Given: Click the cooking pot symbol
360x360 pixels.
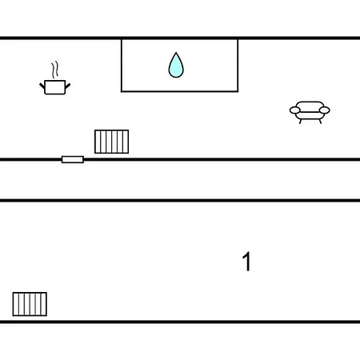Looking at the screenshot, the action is (55, 87).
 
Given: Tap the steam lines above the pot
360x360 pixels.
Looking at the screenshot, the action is (55, 70).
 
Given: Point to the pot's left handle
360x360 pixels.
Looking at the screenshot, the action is (42, 86).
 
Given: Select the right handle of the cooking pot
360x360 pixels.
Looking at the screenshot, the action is (68, 86).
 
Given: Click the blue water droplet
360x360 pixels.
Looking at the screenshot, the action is (176, 66).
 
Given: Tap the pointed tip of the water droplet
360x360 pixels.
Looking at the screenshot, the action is (176, 52).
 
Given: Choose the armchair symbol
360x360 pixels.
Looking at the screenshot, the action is (310, 112).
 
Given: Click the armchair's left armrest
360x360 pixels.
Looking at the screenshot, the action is (295, 110).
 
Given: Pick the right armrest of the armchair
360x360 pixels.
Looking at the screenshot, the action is (325, 110).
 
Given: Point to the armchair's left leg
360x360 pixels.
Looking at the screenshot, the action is (301, 122).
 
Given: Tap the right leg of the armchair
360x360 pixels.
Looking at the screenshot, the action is (320, 122).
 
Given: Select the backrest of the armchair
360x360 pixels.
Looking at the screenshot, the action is (310, 105).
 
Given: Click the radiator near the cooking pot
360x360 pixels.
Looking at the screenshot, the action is (112, 142).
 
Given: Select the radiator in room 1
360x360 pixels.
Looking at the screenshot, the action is (30, 304).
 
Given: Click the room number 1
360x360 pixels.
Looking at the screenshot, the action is (246, 262).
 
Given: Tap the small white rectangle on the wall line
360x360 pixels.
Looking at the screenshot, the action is (73, 159).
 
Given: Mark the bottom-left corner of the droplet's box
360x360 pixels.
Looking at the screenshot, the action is (122, 91).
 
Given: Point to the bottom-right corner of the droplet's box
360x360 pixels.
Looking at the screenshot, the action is (238, 91).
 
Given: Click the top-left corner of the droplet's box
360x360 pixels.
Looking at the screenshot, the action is (122, 40).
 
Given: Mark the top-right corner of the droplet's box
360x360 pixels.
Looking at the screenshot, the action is (238, 40).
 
